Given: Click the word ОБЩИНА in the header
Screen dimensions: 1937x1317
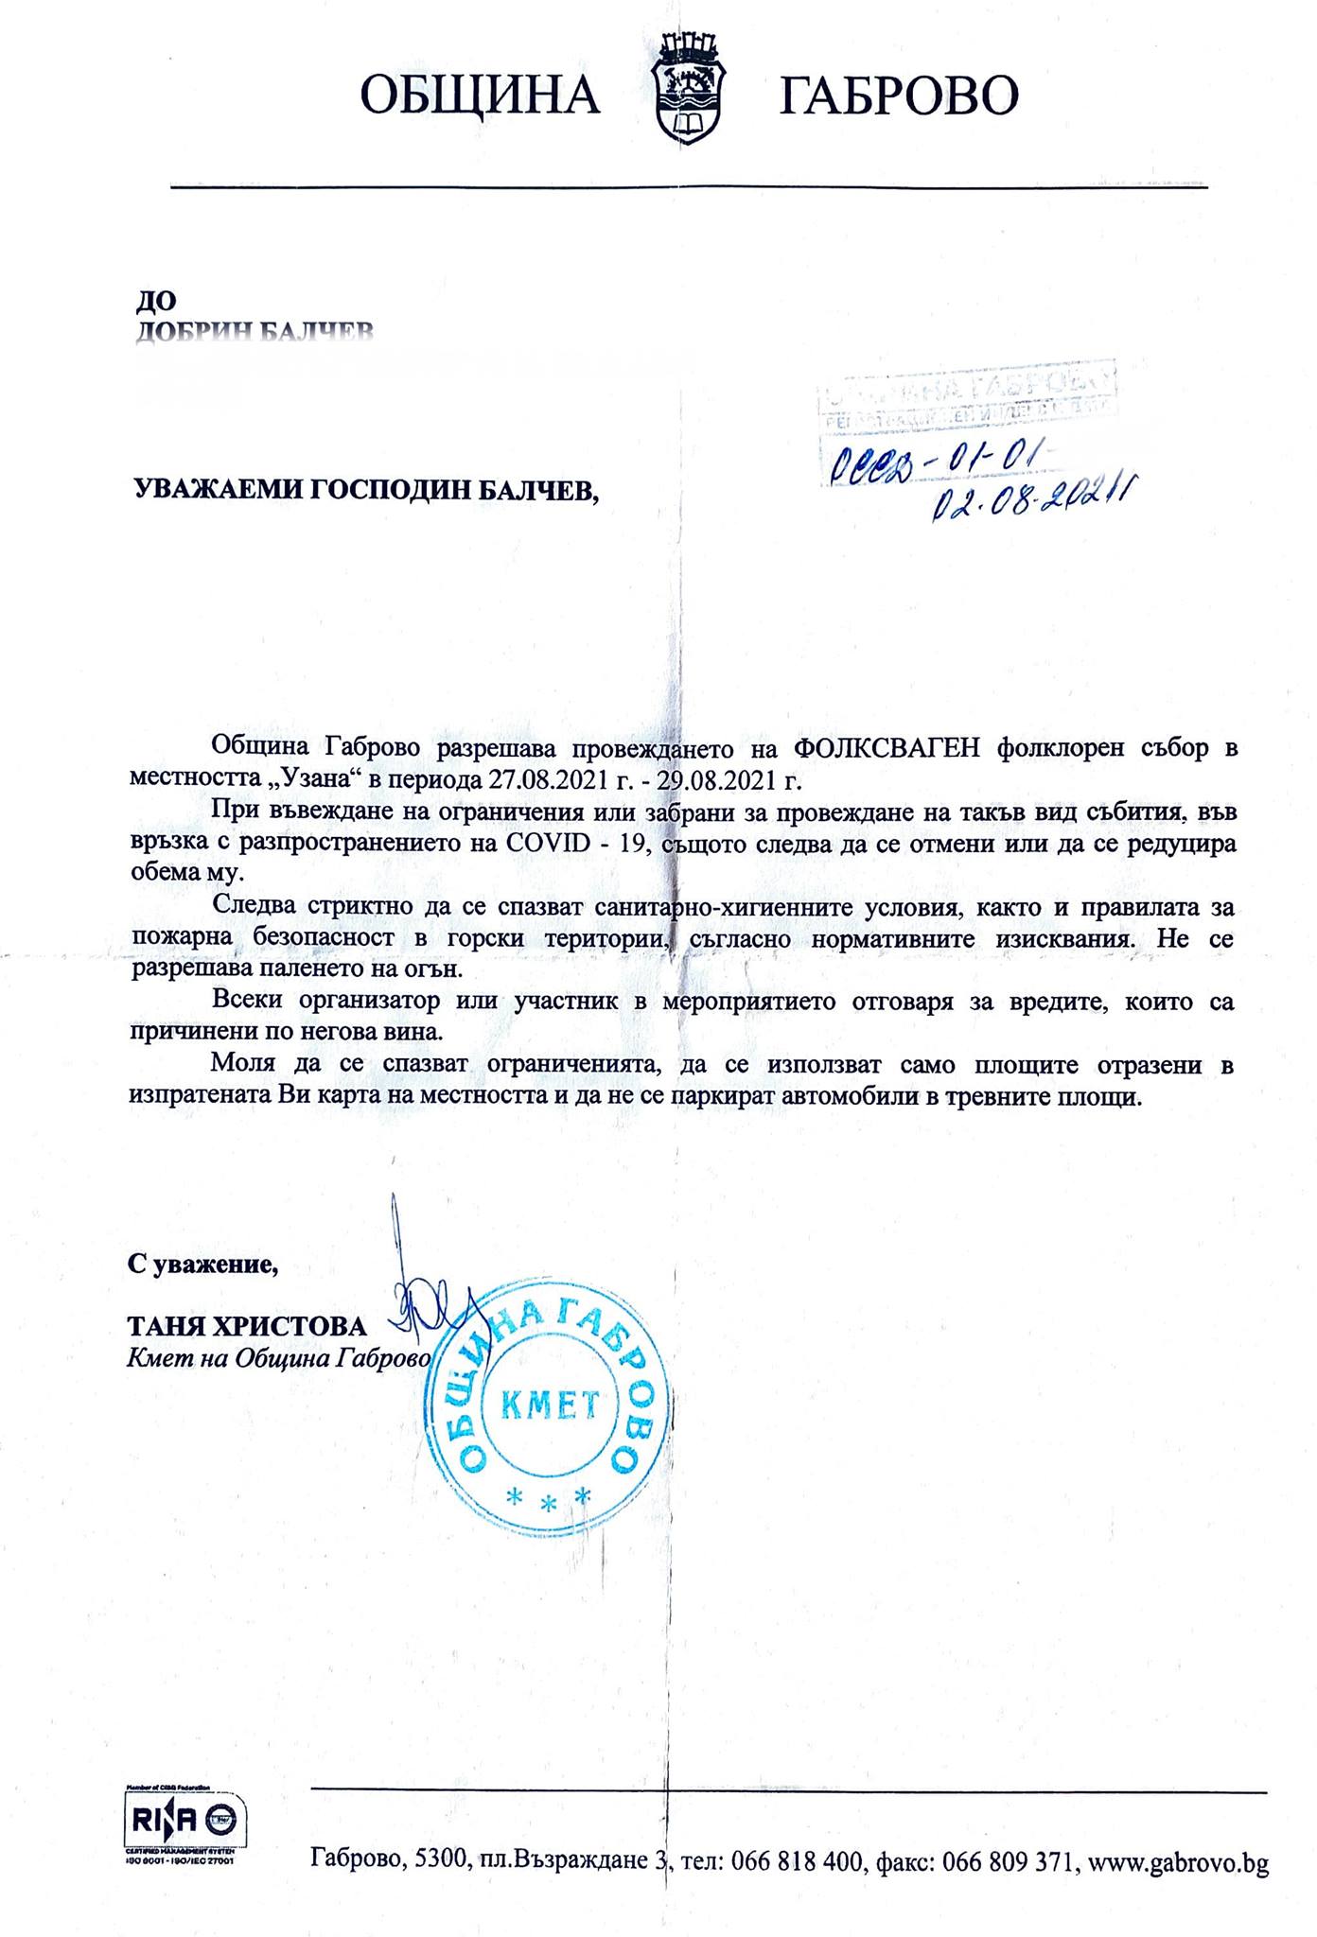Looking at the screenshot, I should click(481, 95).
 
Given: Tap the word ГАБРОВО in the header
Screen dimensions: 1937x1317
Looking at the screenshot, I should click(898, 95).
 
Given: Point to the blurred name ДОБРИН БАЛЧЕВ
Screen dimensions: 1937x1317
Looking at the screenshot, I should click(255, 330).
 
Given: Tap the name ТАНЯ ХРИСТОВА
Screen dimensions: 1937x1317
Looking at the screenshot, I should click(247, 1326).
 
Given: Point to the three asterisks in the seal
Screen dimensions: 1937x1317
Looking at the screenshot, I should click(549, 1497).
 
